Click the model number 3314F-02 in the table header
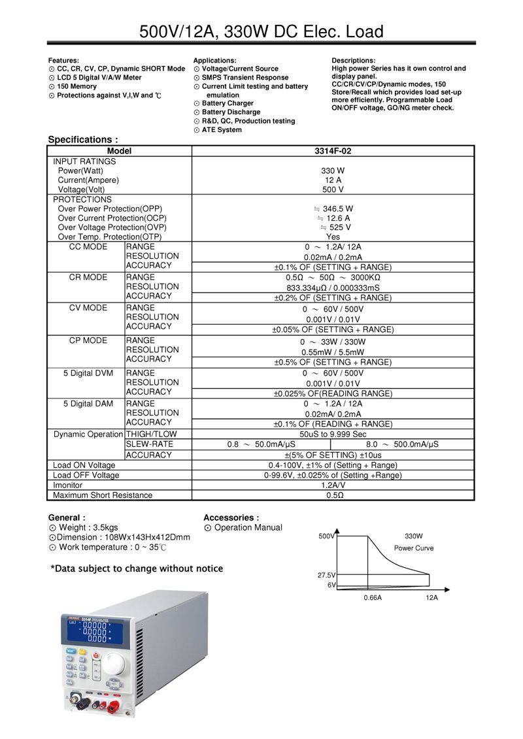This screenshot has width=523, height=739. point(333,151)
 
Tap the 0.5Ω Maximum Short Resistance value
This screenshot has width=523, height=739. point(333,495)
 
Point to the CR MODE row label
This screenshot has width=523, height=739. point(88,277)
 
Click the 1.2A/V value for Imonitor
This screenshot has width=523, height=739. point(333,485)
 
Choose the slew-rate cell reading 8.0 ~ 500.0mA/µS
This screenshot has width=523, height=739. point(402,444)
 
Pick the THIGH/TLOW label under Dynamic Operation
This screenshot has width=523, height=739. point(151,434)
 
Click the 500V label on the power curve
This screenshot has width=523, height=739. point(326,536)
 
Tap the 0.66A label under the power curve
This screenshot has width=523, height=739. point(372,597)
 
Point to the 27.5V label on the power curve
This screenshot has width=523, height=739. point(326,576)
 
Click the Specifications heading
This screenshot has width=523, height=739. point(83,139)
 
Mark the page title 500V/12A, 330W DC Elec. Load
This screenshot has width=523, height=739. point(261,31)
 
